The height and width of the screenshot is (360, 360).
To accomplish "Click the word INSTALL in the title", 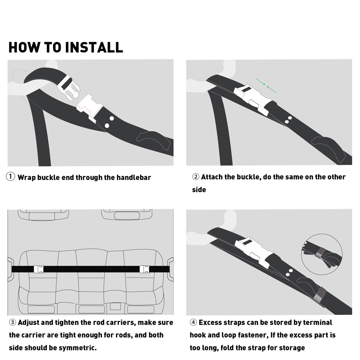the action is (94, 47).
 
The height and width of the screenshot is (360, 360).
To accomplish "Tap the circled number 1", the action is (10, 176).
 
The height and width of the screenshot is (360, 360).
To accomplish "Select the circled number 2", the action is (196, 177).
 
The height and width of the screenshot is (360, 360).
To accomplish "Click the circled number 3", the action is (13, 322).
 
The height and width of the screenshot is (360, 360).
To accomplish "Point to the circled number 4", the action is (193, 322).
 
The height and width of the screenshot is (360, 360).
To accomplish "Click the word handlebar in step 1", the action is (133, 178).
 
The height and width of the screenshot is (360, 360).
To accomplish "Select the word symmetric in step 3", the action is (77, 348).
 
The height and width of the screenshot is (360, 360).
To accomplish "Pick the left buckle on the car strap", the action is (39, 269).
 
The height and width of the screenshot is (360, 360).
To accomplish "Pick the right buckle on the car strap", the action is (145, 269).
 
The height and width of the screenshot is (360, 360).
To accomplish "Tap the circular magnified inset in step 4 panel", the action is (322, 254).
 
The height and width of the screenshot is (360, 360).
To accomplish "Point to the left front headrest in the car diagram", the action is (43, 215).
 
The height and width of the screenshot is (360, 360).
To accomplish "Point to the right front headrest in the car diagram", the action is (127, 215).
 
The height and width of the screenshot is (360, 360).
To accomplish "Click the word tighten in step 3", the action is (67, 322).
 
